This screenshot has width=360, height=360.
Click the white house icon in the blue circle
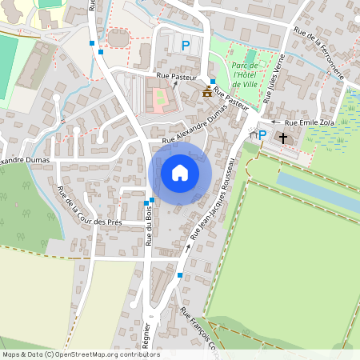(x=180, y=173)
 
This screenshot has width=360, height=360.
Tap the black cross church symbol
(x=282, y=138)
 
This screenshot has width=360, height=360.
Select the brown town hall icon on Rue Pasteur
(x=208, y=91)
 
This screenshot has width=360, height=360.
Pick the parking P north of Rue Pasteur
(x=186, y=46)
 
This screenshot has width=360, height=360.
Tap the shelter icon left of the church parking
(x=254, y=135)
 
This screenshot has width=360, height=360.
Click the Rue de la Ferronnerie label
(x=318, y=53)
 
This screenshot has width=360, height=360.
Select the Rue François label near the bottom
(x=198, y=330)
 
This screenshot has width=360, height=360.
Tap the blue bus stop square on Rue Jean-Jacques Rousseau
(x=180, y=275)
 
